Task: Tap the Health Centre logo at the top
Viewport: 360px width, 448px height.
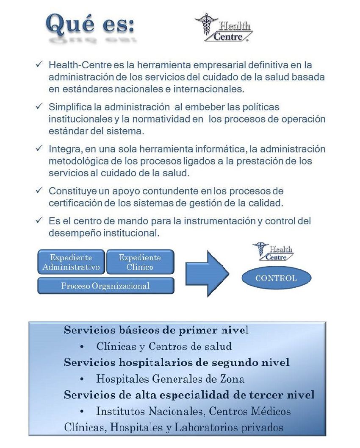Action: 223,28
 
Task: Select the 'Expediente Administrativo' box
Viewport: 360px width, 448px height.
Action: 71,262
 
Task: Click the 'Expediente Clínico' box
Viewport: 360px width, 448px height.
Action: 140,262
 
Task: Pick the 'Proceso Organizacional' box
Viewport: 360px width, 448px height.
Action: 105,286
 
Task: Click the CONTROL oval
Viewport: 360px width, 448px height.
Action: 276,278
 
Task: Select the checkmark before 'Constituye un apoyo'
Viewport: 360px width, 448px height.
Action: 39,190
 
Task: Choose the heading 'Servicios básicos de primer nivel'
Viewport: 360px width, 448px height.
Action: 156,330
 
